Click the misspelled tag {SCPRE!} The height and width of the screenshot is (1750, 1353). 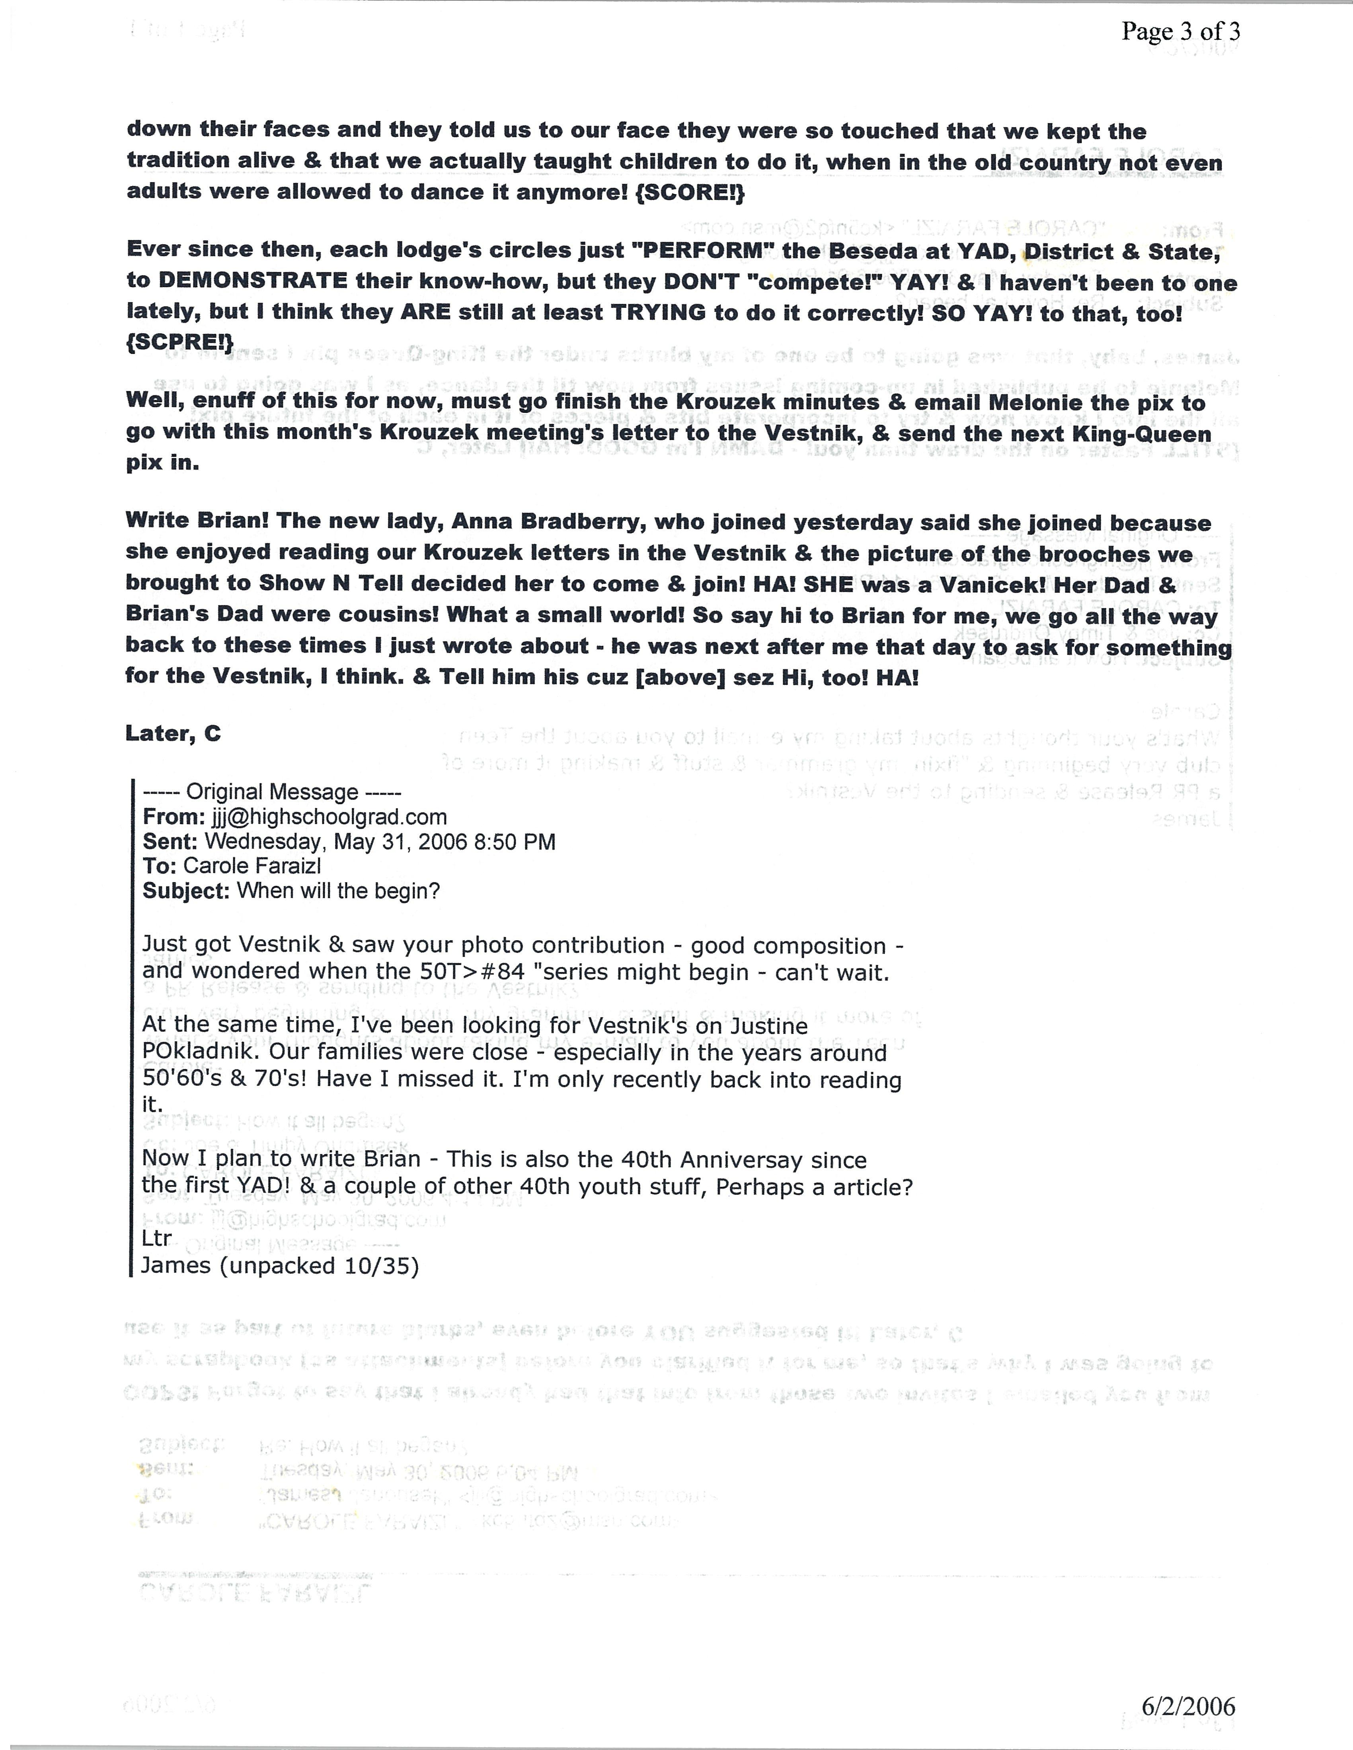[x=179, y=342]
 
